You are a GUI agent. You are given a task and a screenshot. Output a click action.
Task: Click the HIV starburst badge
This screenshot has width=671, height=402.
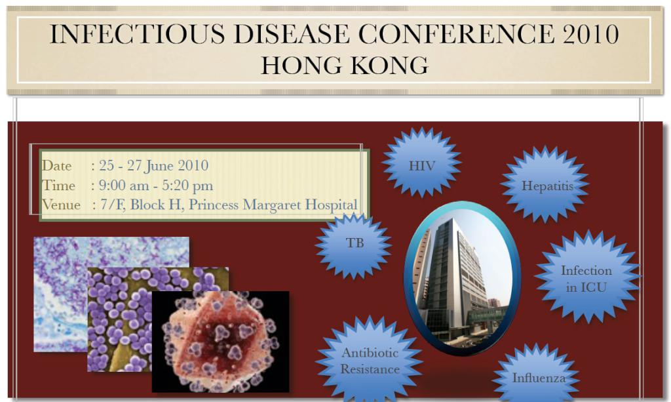421,163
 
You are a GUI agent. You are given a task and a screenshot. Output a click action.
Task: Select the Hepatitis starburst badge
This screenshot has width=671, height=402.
545,184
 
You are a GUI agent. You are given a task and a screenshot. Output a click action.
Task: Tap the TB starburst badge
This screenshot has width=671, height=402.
353,245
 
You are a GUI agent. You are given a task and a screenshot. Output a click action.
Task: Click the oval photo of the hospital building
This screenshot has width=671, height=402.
462,277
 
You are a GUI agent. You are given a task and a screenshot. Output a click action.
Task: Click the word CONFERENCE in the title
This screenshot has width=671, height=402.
456,33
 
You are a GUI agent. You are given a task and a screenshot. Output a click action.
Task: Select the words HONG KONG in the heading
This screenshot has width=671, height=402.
345,66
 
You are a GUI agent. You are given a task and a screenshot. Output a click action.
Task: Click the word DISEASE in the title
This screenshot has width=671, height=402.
292,34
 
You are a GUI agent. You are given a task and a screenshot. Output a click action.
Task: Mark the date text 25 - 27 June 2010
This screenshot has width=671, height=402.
153,166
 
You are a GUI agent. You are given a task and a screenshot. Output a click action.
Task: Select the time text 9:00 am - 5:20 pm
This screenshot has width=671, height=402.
156,186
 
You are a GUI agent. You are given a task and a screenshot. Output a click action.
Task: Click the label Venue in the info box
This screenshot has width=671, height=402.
61,205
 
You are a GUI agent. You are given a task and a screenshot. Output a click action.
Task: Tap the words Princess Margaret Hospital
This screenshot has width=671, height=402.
273,205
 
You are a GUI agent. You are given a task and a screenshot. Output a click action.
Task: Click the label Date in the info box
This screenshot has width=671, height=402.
56,166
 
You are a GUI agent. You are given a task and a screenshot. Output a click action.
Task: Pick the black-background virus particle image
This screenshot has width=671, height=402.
220,342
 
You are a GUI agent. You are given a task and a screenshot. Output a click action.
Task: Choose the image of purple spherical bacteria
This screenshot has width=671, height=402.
158,319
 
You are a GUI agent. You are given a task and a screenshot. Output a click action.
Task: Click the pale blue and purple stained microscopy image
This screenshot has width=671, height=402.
111,294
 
